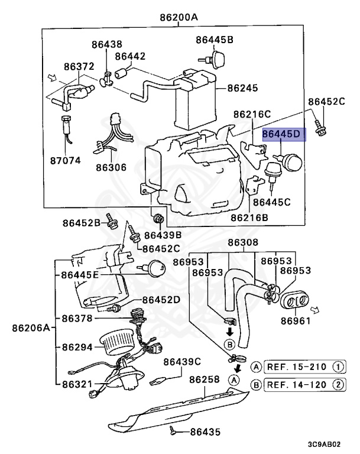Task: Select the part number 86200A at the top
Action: (178, 17)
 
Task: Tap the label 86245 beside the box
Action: (242, 88)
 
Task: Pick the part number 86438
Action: (107, 44)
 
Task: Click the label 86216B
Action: (249, 217)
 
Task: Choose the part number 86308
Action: (243, 242)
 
